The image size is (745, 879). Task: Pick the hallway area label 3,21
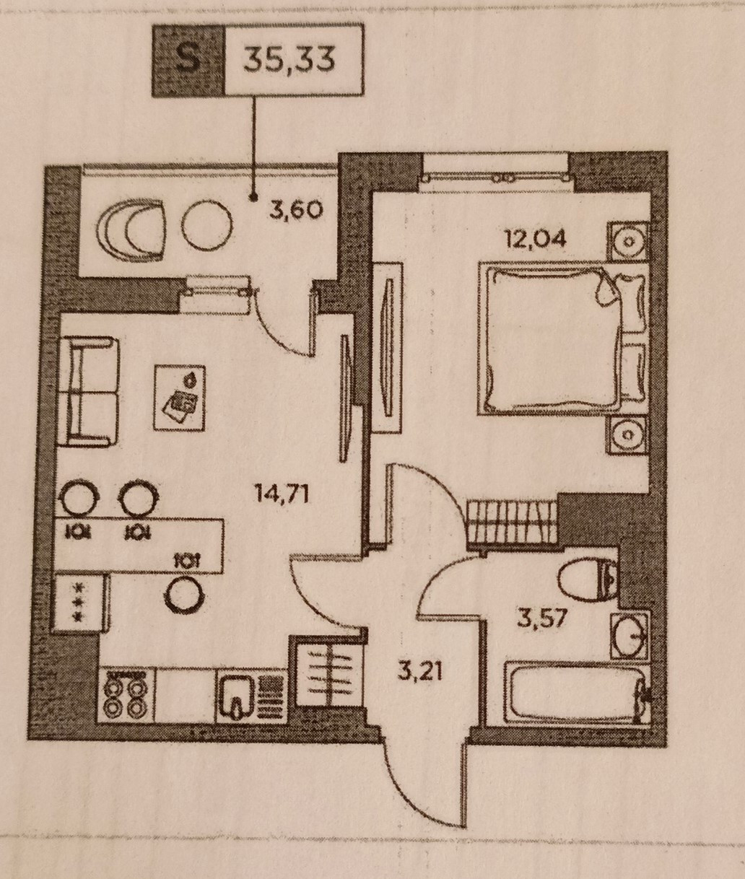point(420,671)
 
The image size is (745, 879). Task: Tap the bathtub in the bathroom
point(572,693)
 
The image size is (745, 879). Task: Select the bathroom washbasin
point(629,636)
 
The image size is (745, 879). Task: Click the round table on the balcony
point(206,225)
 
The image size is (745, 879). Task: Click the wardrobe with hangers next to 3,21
point(326,678)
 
